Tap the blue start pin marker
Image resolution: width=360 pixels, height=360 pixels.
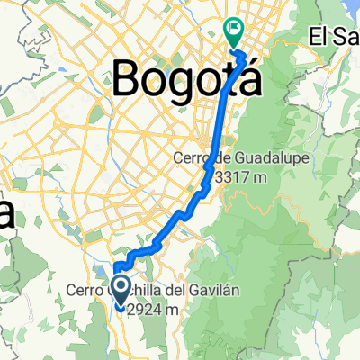[x=118, y=291]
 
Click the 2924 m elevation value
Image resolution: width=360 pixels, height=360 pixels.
[x=156, y=308]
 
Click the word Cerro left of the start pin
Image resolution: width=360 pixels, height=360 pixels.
[x=86, y=291]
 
